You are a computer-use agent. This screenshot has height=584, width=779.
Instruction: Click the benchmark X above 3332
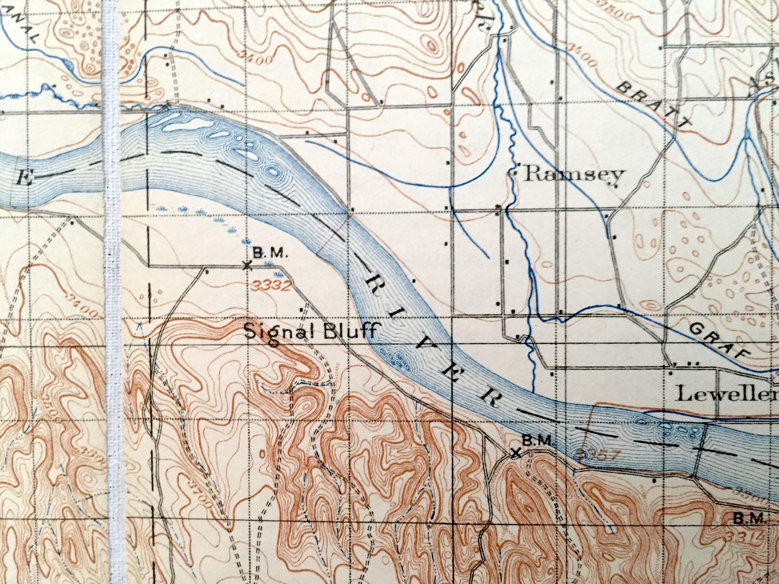click(247, 266)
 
